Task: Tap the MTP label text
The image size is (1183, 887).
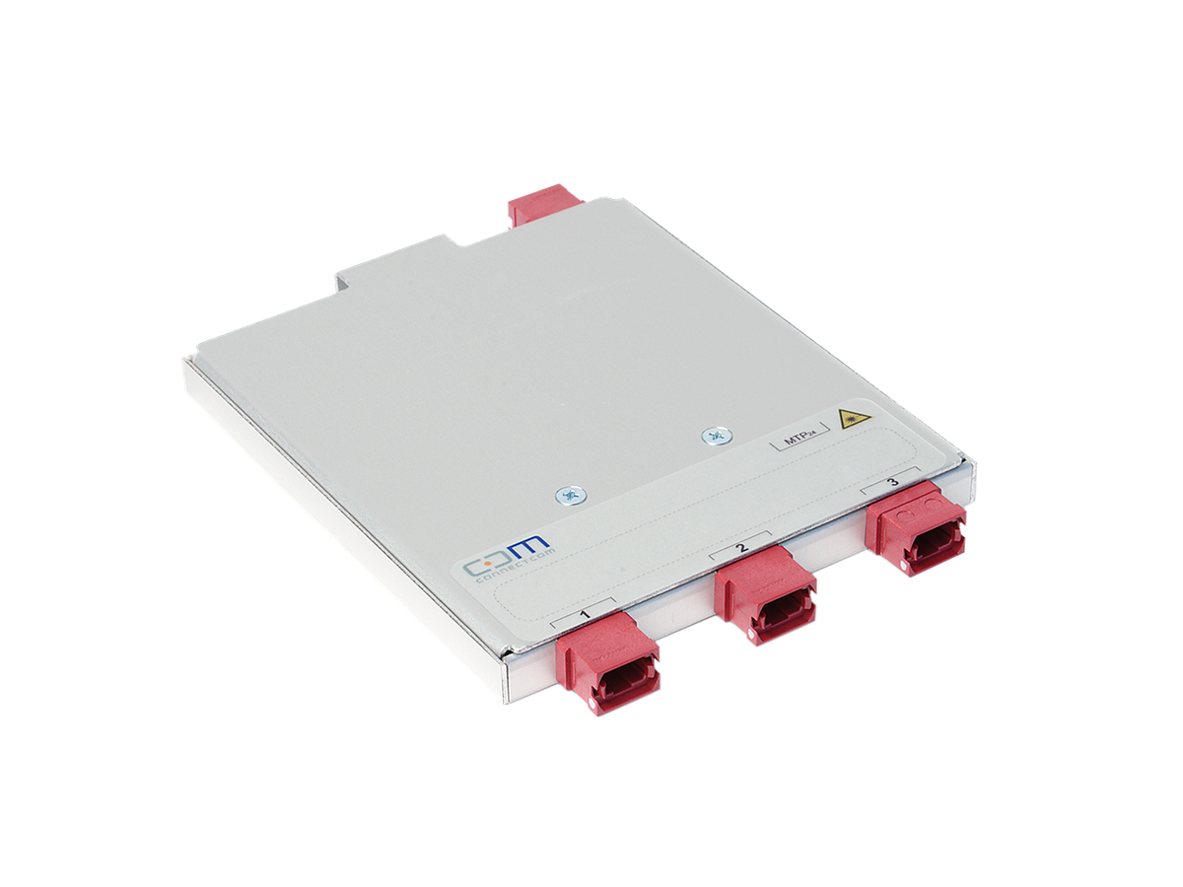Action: point(797,440)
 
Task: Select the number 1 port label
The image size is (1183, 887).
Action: point(585,614)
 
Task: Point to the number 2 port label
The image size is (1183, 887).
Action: point(741,545)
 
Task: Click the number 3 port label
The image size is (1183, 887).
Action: point(892,482)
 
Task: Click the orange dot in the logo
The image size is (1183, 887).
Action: point(496,567)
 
